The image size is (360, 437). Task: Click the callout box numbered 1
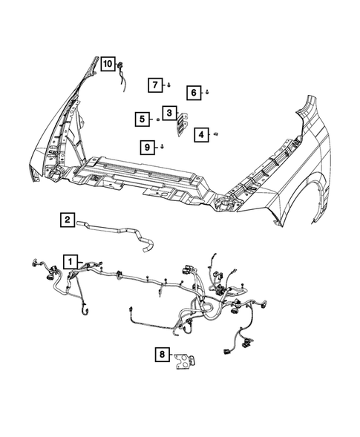[x=69, y=262]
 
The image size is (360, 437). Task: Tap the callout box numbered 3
[x=170, y=113]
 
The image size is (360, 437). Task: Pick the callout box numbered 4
[x=201, y=134]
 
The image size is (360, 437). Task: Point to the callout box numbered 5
[x=141, y=118]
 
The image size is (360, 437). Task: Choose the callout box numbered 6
[x=192, y=92]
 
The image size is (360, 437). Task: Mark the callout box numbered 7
[x=156, y=85]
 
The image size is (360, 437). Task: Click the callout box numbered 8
[x=162, y=355]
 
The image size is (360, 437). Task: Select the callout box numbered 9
[x=148, y=147]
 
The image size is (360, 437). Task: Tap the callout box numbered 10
[x=108, y=64]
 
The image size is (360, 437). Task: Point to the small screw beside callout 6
[x=206, y=93]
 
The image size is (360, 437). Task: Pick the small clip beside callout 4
[x=215, y=134]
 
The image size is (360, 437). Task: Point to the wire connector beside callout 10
[x=120, y=72]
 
